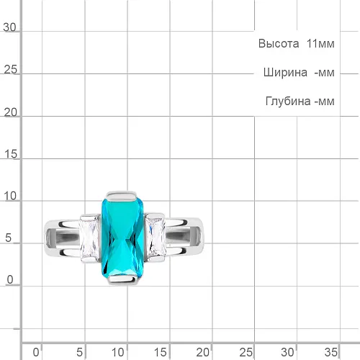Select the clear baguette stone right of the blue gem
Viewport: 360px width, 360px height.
[x=156, y=236]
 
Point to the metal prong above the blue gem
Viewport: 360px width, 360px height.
[x=122, y=196]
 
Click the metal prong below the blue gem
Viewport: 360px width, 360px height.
[x=123, y=279]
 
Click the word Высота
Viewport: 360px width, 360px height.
[x=279, y=44]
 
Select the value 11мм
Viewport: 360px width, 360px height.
[x=320, y=44]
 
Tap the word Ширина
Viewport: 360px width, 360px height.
[x=285, y=73]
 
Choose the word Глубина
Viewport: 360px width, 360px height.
[x=288, y=102]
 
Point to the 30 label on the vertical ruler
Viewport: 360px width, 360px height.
[x=9, y=27]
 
